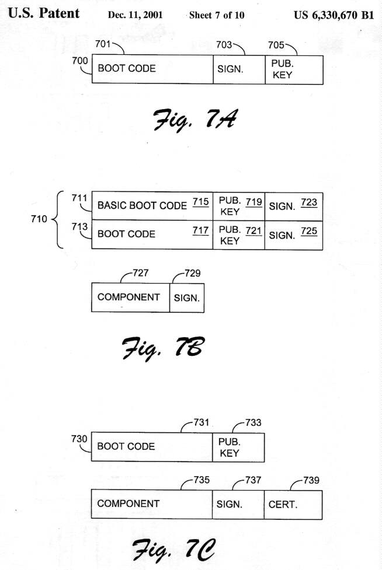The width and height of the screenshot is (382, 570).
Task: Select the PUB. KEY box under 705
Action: point(294,69)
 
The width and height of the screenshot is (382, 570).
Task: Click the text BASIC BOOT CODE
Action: point(142,205)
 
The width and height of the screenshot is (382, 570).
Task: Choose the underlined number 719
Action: point(254,201)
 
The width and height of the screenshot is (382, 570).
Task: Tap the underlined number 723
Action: point(310,202)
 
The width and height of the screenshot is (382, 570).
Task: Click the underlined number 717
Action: point(200,231)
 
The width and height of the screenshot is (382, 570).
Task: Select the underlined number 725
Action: point(310,231)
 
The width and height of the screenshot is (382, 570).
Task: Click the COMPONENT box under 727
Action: point(130,298)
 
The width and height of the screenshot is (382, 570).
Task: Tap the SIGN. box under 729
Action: point(187,298)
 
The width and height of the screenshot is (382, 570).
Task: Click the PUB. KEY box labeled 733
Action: point(238,447)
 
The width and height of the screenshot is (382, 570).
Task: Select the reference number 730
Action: point(79,439)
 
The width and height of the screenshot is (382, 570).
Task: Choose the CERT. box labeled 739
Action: point(293,504)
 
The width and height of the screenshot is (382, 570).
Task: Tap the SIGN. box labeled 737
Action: point(238,504)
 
